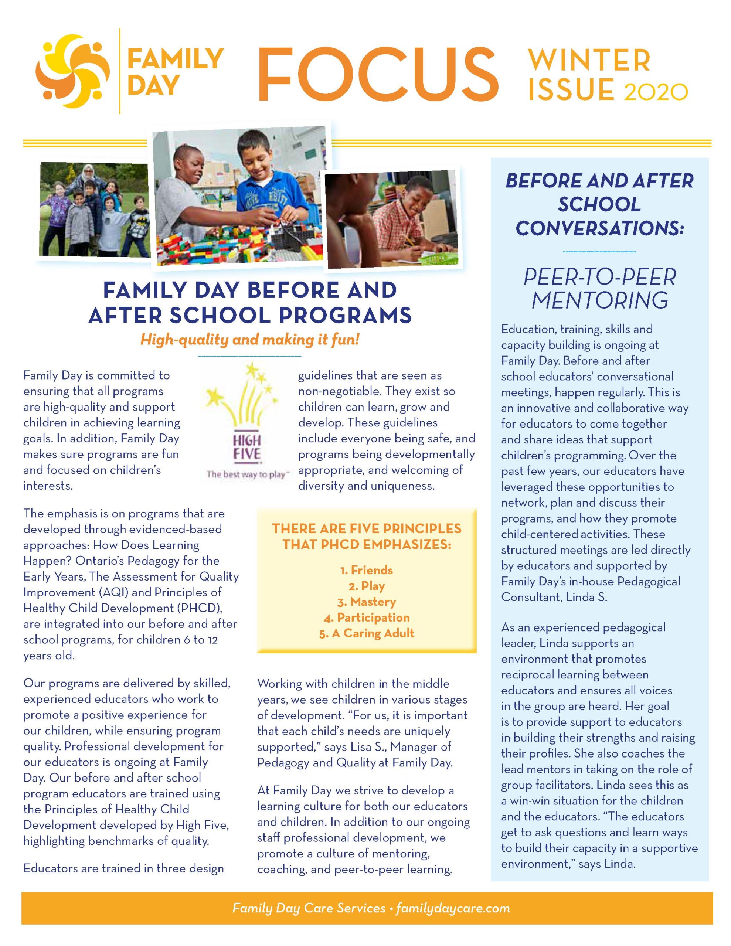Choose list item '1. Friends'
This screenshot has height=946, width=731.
[x=367, y=570]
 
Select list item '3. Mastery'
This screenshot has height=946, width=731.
[x=367, y=602]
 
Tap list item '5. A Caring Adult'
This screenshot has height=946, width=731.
[x=367, y=633]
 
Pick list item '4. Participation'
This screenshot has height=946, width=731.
[x=367, y=618]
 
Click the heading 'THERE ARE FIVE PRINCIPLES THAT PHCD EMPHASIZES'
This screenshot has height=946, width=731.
[x=367, y=536]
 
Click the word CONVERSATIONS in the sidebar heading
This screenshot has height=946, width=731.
[x=600, y=228]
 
